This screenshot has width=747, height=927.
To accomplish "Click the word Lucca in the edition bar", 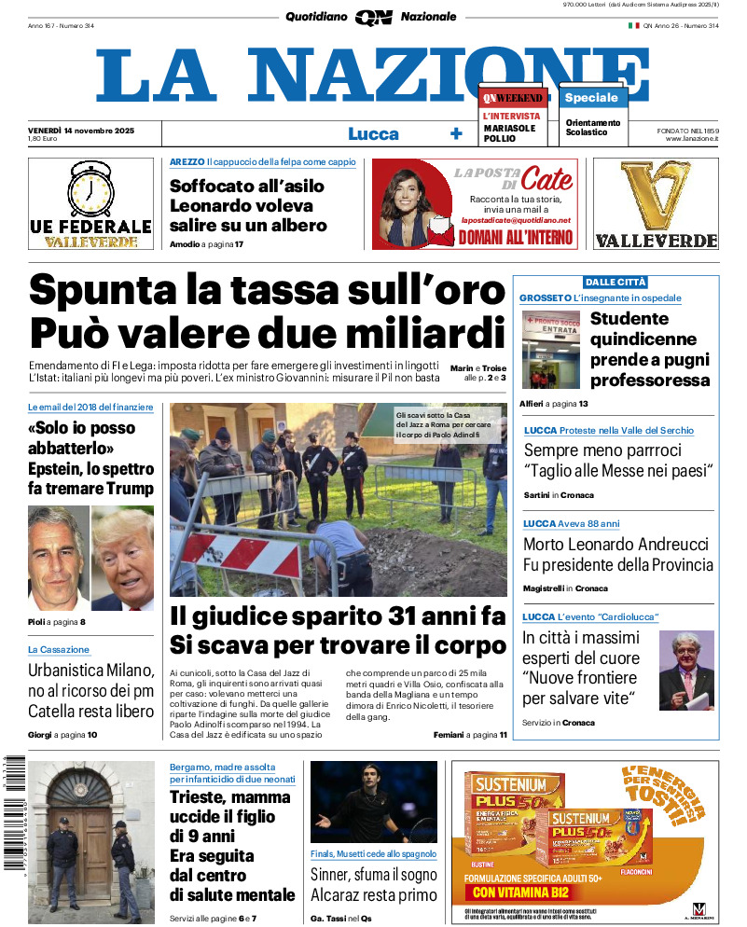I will [373, 133].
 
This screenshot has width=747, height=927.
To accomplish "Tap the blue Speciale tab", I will [591, 98].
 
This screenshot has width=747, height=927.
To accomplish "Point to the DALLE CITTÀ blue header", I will [616, 282].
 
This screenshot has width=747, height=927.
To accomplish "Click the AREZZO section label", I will [187, 162].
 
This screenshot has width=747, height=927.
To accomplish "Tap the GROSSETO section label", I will [545, 298].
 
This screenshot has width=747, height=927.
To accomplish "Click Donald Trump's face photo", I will [124, 558].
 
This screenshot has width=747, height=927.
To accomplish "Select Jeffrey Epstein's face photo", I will [58, 558].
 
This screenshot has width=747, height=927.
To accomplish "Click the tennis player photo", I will [373, 802].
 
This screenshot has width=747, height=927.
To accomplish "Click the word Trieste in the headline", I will [200, 797].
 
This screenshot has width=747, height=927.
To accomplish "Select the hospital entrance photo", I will [551, 350].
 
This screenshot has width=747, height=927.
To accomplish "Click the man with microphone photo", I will [686, 670].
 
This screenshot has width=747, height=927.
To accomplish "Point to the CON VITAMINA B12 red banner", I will [518, 892].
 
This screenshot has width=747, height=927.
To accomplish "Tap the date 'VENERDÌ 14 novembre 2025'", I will [81, 130].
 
